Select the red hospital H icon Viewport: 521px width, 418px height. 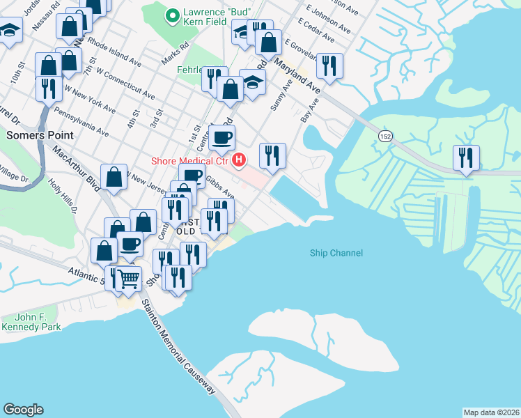coord(239,161)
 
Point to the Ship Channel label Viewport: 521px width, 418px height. coord(336,254)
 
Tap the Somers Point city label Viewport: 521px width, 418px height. coord(36,134)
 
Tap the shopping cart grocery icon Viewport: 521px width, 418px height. coord(128,279)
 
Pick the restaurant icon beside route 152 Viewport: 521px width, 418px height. coord(466,157)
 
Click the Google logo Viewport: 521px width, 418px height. coord(23,409)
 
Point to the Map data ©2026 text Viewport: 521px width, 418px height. coord(491,412)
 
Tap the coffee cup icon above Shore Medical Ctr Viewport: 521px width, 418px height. coord(222,137)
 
